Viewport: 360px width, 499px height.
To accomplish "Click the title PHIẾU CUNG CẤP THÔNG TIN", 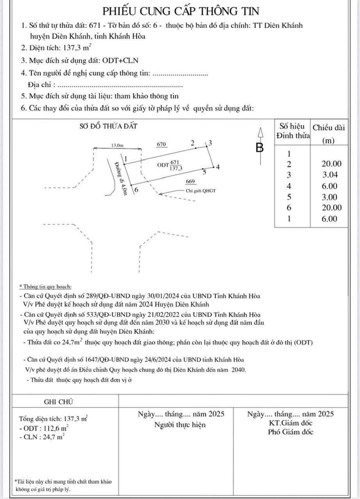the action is (180, 11).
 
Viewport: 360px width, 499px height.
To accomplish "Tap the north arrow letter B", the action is (259, 148).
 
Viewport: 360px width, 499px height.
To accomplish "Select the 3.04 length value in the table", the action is (330, 174).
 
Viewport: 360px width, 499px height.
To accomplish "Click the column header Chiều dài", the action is (328, 127).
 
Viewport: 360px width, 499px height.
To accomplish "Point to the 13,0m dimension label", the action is (117, 145).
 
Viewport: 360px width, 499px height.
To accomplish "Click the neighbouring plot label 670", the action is (161, 144).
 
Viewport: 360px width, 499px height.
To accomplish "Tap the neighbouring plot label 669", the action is (190, 181).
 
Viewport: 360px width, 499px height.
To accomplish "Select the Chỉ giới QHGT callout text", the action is (200, 190).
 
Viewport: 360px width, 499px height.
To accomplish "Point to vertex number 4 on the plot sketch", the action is (217, 167).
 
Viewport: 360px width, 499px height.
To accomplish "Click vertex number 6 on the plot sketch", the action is (136, 190).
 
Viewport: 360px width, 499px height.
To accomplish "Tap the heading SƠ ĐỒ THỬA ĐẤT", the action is (108, 126).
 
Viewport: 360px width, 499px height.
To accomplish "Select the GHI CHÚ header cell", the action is (58, 401).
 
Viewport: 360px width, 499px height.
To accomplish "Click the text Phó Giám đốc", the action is (290, 432).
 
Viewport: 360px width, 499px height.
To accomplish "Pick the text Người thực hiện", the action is (180, 425).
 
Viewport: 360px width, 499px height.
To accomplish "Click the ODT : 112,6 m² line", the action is (43, 428).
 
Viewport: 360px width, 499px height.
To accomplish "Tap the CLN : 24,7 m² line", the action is (41, 437).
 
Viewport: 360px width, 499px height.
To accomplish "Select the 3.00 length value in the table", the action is (330, 197).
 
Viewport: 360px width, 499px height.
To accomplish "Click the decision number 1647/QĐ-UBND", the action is (107, 359).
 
